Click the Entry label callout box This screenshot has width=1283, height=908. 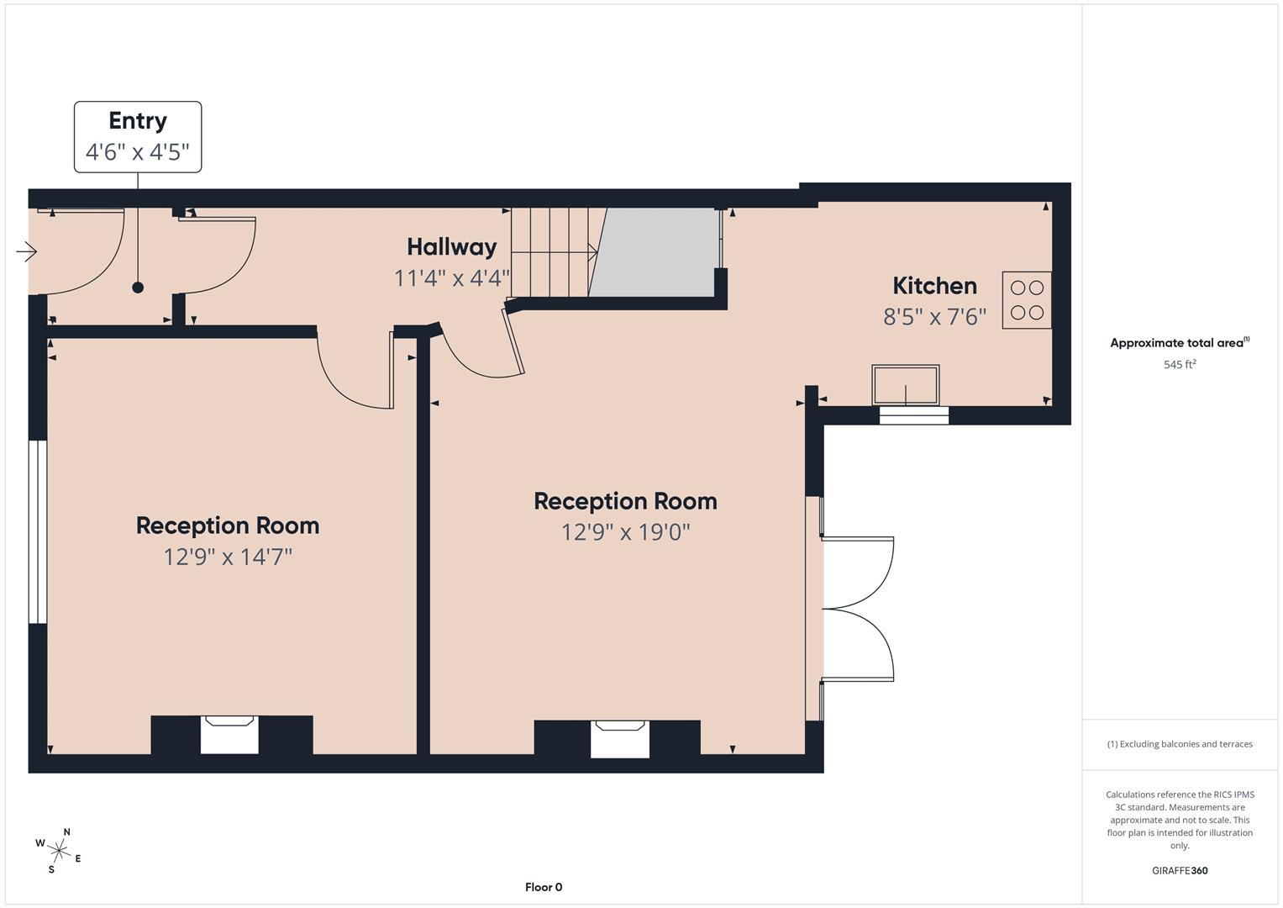click(138, 137)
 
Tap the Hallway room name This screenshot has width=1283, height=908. click(451, 247)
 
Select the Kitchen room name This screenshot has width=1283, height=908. click(934, 286)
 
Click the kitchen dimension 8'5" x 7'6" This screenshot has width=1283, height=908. click(934, 317)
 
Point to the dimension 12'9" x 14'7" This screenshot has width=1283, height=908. click(228, 557)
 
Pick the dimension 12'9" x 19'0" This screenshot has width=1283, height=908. click(625, 532)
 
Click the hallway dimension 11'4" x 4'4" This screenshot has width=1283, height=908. click(451, 278)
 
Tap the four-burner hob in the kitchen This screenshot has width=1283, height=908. click(1026, 299)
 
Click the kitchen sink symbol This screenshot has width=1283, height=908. click(905, 385)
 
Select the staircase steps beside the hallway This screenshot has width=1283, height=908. click(550, 251)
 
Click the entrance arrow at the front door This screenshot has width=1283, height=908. click(27, 251)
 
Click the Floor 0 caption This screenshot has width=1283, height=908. click(543, 887)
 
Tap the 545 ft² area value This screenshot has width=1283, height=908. click(1179, 365)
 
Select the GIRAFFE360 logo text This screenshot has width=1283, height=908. click(1179, 871)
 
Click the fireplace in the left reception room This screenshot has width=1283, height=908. click(229, 735)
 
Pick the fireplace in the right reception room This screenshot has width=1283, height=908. click(620, 739)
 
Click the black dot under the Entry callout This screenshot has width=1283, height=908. click(138, 288)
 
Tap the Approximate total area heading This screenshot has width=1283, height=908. click(1179, 343)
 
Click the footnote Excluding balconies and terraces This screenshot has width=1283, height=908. click(1179, 744)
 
